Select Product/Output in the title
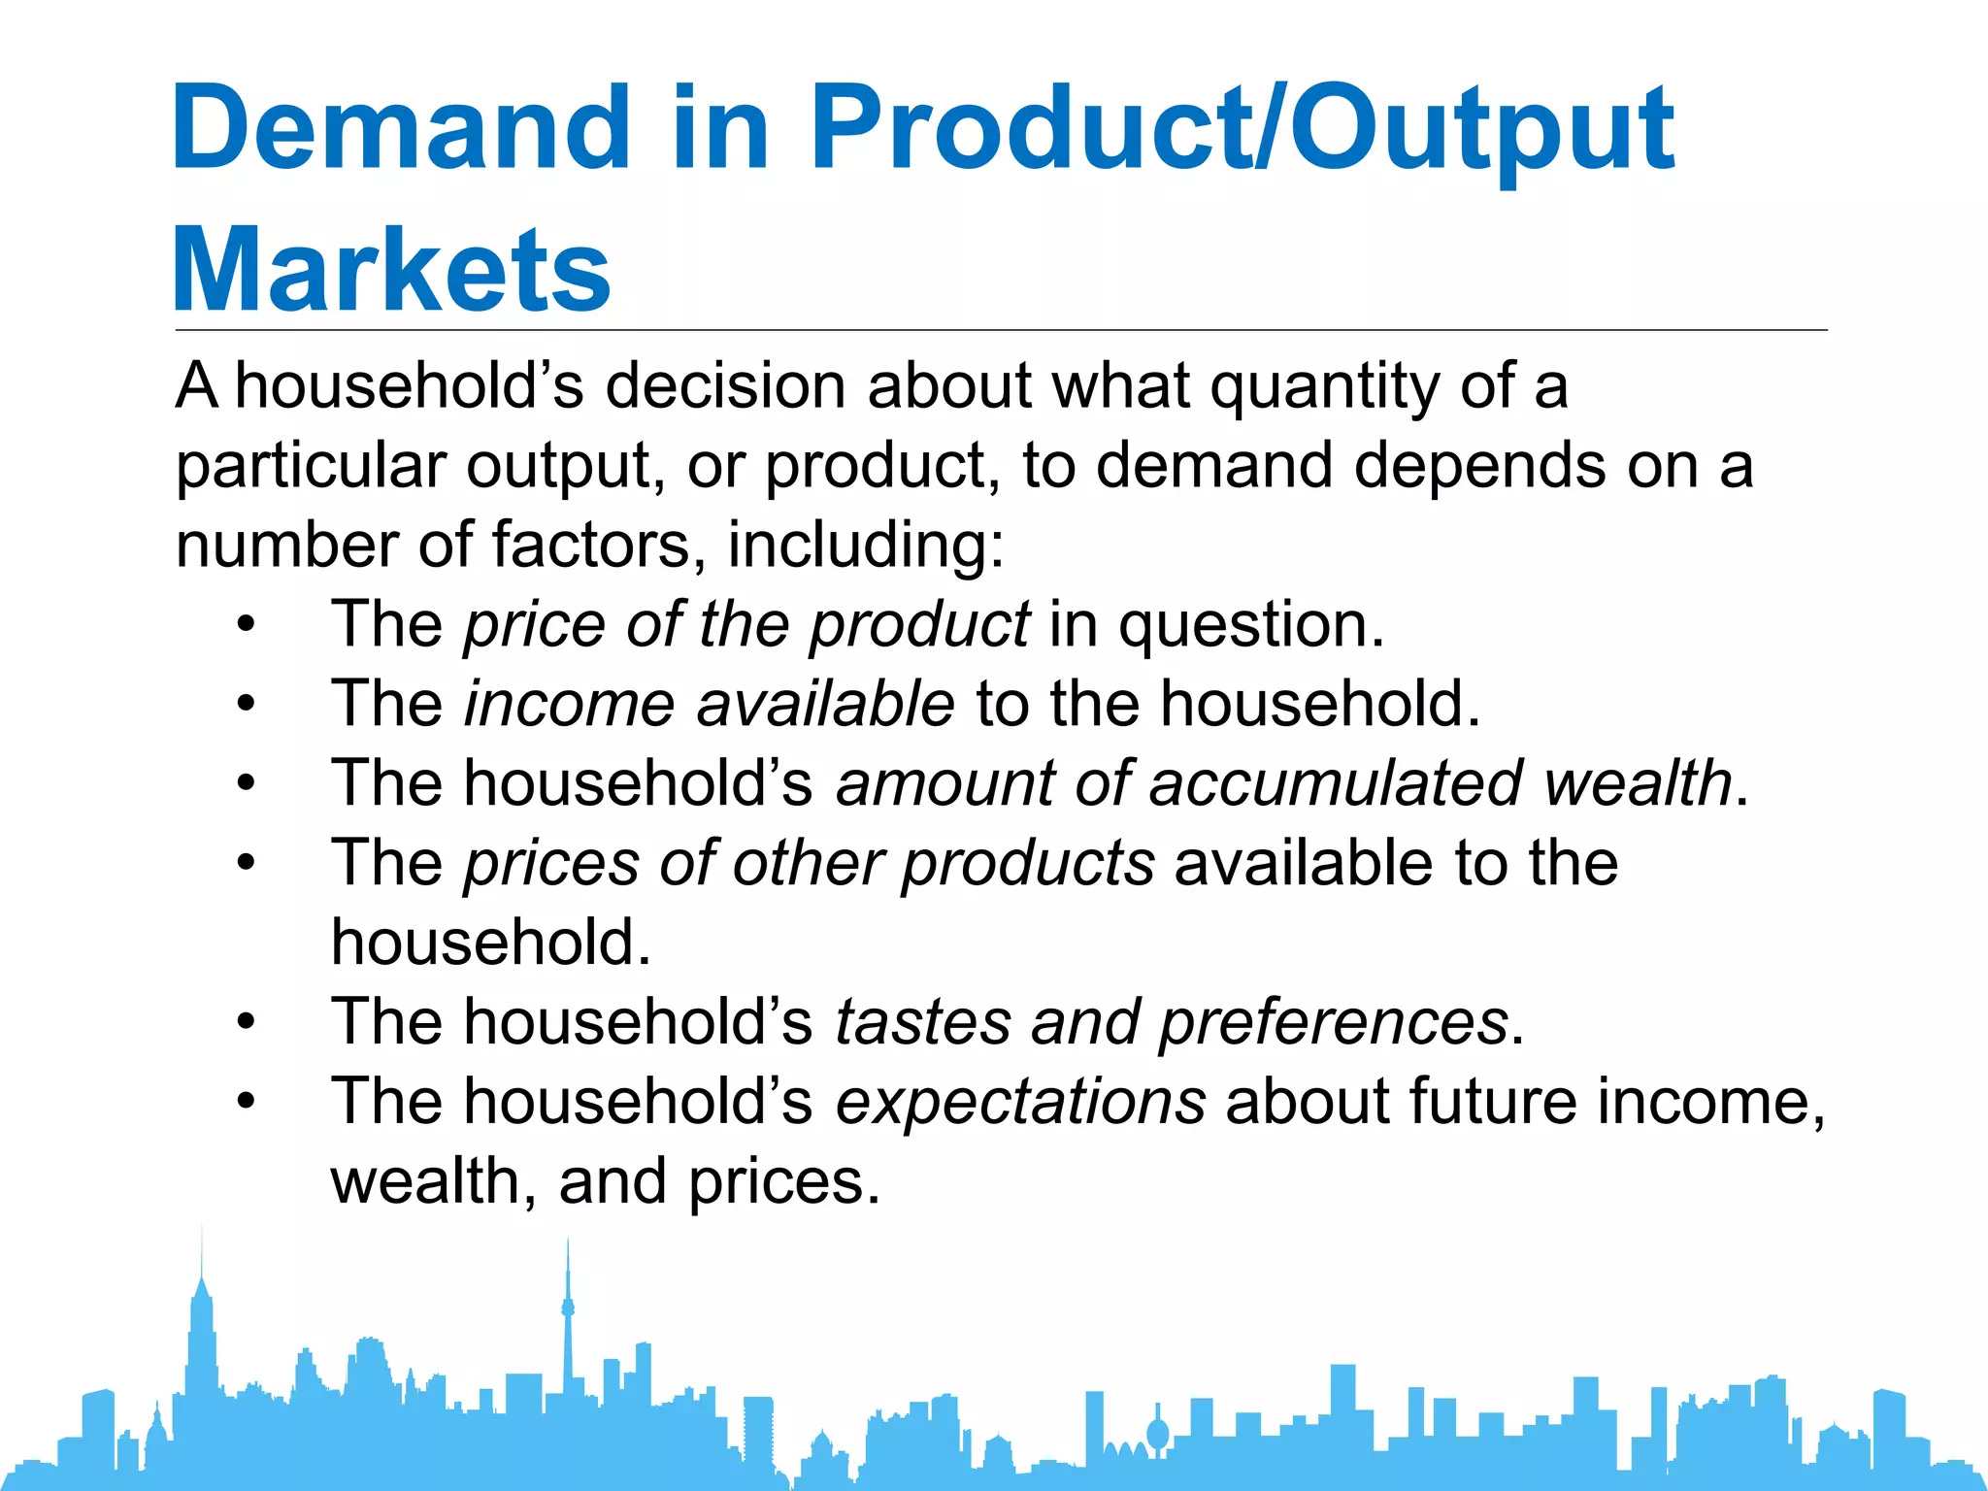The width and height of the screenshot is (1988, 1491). point(1242,129)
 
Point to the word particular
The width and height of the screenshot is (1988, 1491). point(311,467)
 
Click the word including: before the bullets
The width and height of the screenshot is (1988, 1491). point(866,546)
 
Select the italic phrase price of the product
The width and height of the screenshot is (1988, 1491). point(746,625)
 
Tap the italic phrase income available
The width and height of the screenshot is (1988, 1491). point(710,705)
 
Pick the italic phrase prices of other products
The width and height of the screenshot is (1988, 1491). point(810,864)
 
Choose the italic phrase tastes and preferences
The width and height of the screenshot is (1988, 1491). point(1172,1023)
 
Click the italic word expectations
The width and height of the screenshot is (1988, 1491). point(1020,1103)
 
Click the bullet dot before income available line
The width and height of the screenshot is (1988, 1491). point(247,705)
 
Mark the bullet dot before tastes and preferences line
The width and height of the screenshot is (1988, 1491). point(247,1023)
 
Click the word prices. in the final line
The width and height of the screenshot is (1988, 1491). point(783,1182)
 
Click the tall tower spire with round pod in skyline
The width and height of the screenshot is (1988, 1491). point(568,1310)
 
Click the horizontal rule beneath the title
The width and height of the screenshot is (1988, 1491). point(1000,330)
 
